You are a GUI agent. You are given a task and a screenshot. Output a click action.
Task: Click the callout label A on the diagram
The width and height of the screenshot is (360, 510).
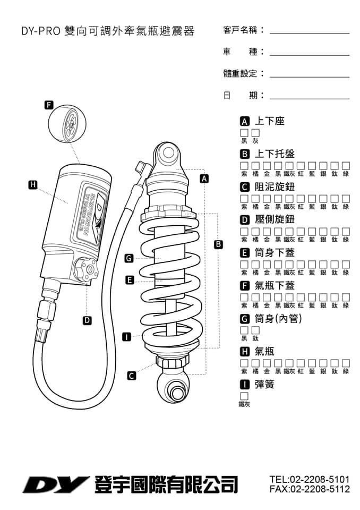point(203,178)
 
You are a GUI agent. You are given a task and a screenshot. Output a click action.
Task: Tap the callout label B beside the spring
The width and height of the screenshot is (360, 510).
point(218,244)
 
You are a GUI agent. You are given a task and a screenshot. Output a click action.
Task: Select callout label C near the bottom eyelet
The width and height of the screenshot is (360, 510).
point(132,375)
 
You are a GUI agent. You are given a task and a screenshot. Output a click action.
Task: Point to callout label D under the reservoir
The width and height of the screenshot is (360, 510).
point(87,320)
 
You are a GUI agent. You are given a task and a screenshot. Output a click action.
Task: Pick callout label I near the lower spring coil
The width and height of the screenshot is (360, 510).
point(126,337)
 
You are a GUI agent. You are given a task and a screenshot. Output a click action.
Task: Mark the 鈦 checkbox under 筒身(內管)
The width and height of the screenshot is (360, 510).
point(255,330)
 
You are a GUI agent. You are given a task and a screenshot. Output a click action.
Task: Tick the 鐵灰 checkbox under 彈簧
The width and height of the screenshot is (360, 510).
point(244,396)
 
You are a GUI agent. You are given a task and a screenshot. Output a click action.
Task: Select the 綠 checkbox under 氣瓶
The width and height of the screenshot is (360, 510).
point(346,363)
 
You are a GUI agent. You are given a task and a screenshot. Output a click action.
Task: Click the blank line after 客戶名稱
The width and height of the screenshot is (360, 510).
point(310,31)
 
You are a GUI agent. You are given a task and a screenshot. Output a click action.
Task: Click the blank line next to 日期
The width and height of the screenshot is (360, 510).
point(310,96)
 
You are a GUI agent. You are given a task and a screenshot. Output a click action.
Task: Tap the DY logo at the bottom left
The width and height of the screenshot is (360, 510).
point(55,484)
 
